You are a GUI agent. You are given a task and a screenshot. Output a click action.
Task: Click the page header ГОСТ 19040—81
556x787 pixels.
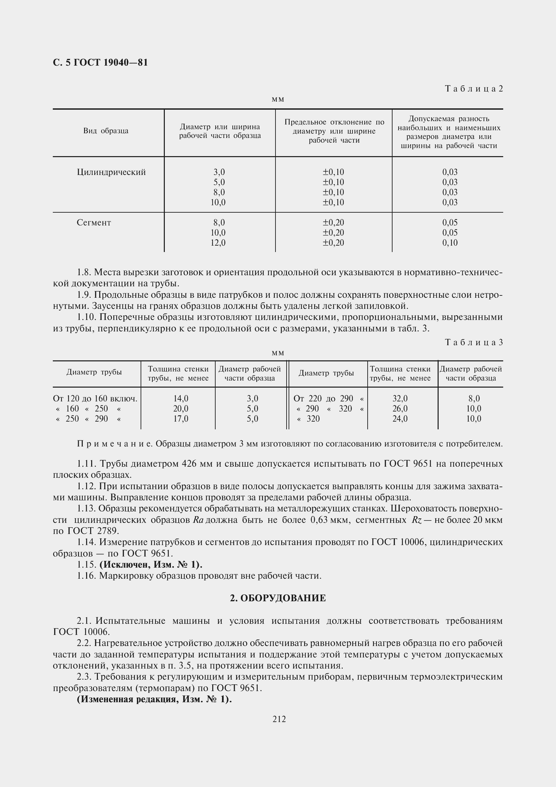click(100, 63)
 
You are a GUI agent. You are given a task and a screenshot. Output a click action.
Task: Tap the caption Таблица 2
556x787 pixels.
click(474, 89)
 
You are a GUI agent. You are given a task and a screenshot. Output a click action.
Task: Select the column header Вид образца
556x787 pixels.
click(106, 131)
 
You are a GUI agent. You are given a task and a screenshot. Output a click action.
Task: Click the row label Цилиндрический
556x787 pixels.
click(111, 172)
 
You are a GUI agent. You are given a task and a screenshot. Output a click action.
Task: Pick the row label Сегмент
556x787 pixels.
click(94, 223)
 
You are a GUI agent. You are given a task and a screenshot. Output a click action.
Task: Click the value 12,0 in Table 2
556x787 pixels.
click(218, 243)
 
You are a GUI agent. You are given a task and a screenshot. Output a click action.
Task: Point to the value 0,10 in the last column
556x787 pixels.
click(449, 243)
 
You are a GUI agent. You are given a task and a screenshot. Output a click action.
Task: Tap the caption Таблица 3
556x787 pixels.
click(474, 343)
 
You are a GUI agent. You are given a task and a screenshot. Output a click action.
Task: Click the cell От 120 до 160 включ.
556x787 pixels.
click(95, 399)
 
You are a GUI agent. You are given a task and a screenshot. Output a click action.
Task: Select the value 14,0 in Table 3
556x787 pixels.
click(181, 399)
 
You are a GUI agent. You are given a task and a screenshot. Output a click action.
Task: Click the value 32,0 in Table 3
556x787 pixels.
click(400, 399)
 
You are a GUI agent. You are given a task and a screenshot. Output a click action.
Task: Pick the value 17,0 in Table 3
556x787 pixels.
click(181, 419)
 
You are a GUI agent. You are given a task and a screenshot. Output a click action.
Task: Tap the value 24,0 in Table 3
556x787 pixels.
click(400, 419)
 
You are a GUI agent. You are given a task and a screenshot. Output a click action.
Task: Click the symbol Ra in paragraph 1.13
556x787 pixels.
click(198, 520)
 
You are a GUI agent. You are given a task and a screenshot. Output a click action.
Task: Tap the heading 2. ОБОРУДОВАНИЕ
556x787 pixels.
click(278, 598)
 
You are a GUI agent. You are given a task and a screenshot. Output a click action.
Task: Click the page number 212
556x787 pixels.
click(279, 719)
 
